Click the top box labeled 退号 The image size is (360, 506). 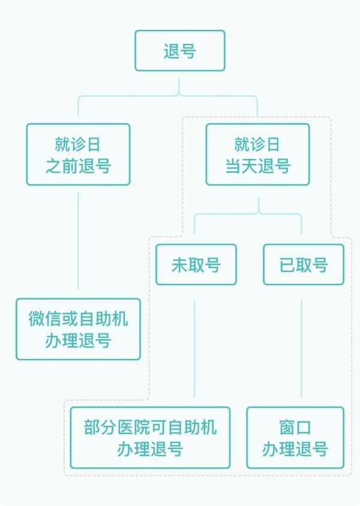180,51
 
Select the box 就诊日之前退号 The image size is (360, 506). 78,154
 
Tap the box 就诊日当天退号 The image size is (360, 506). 257,154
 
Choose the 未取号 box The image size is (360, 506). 196,265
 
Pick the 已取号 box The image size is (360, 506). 304,265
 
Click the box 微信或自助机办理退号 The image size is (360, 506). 78,329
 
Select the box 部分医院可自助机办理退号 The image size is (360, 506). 150,438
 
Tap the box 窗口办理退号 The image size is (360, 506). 295,438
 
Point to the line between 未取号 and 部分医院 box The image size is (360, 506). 195,348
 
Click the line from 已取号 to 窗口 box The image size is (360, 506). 301,348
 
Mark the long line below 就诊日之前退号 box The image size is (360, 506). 78,240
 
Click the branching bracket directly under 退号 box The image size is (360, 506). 179,96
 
